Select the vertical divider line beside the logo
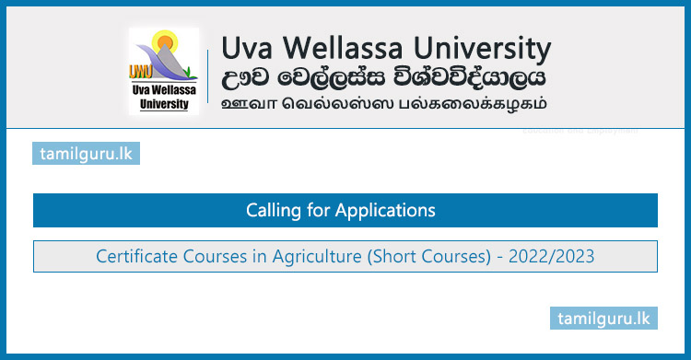(x=208, y=74)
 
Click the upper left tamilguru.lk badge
(x=86, y=152)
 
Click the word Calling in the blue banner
(x=273, y=211)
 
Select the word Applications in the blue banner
(x=385, y=211)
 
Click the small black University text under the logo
(x=164, y=104)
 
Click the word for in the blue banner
(x=318, y=211)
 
